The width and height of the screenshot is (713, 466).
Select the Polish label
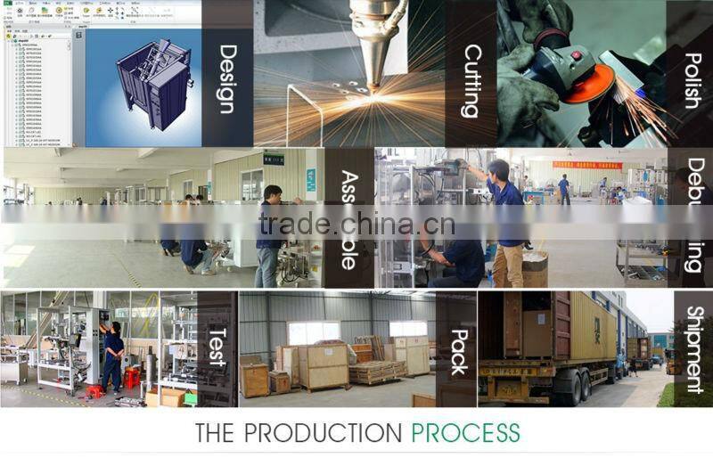coord(693,80)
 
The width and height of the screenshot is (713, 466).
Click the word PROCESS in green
coord(465,434)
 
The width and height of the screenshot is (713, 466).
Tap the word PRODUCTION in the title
coord(324,434)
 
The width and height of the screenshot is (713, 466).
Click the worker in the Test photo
coord(112,356)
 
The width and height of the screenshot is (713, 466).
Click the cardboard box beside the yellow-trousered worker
coord(535,268)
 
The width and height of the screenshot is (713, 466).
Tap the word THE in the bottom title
coord(217,434)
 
